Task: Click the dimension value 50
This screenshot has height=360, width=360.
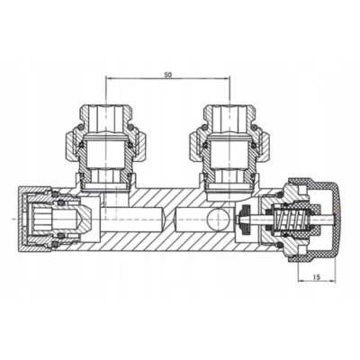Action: click(167, 75)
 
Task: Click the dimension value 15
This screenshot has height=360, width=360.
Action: click(317, 277)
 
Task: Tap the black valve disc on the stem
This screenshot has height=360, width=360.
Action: click(246, 220)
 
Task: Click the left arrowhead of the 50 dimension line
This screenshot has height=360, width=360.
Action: click(110, 79)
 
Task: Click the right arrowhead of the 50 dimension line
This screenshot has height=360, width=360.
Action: click(227, 79)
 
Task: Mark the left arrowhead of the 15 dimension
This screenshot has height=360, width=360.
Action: click(301, 282)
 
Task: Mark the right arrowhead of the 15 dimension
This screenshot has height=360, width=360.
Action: click(333, 282)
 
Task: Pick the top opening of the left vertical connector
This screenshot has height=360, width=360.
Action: click(107, 105)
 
